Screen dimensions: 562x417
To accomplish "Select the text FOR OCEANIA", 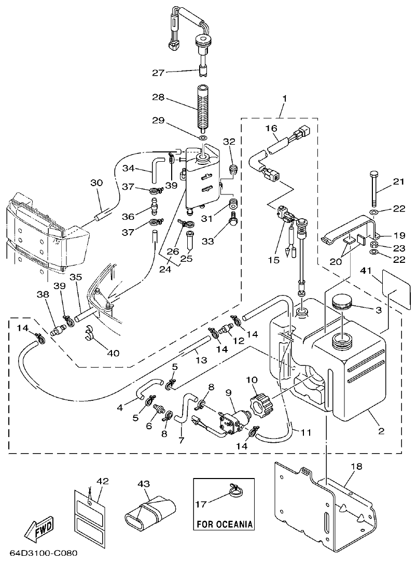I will click(x=225, y=524).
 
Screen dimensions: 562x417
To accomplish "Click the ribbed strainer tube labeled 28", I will click(x=202, y=107).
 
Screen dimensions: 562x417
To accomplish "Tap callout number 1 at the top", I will click(x=284, y=98).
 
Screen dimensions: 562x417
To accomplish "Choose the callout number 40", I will click(x=113, y=353).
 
